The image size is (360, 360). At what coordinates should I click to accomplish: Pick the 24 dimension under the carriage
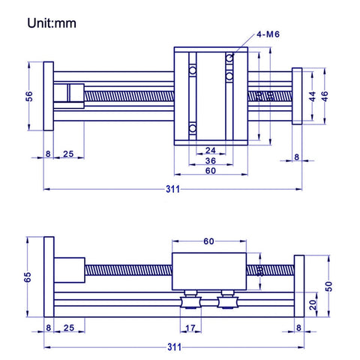click(211, 150)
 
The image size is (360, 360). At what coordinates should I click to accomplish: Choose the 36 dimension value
click(211, 160)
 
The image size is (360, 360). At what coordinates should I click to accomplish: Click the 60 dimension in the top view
click(211, 171)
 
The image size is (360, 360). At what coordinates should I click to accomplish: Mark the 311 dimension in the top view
click(173, 190)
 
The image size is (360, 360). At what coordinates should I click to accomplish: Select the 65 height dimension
click(28, 277)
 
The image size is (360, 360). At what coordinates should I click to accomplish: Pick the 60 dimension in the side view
click(209, 241)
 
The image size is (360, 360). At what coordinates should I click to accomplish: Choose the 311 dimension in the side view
click(173, 348)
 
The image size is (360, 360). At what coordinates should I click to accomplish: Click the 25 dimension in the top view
click(68, 155)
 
